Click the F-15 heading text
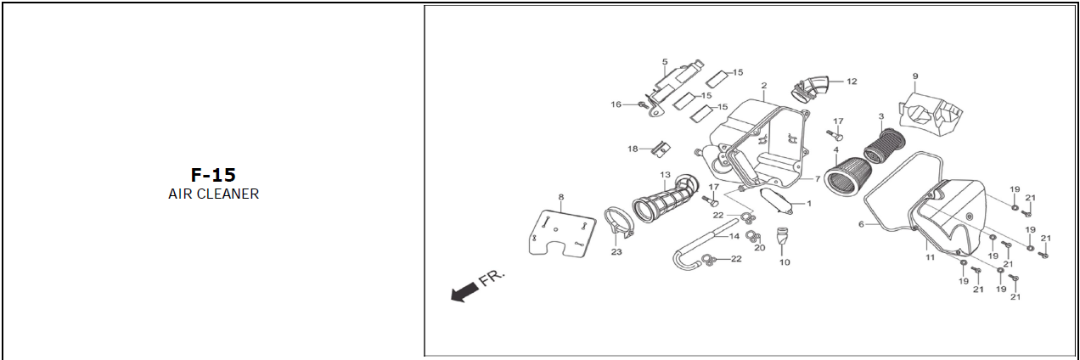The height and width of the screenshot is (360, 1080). [213, 176]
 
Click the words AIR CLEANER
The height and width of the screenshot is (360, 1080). [213, 194]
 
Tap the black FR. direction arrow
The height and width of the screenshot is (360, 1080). [464, 292]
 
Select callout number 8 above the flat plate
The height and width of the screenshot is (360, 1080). [560, 198]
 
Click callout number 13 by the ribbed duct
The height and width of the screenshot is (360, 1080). [666, 176]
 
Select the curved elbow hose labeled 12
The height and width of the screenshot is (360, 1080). [811, 86]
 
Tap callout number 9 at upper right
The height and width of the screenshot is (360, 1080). [915, 76]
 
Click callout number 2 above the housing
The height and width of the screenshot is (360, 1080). [764, 86]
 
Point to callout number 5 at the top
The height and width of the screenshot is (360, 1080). [665, 62]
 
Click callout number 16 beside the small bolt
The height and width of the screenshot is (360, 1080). [616, 104]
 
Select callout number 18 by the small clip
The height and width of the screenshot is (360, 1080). [633, 149]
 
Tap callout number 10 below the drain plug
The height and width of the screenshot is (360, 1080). [785, 262]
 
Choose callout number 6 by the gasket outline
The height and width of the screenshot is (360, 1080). [861, 225]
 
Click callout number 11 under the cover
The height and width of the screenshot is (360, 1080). [930, 256]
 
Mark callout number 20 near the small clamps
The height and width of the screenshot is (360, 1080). [759, 248]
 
